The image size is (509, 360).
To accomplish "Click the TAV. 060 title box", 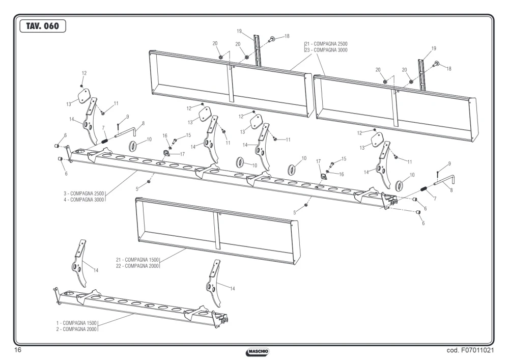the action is point(43,26).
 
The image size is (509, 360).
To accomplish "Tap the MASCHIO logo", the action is point(258,351).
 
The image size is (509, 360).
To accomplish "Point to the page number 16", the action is point(17,350).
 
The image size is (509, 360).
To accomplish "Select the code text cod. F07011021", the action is point(470,350).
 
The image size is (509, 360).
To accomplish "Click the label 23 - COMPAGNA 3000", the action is point(326,50).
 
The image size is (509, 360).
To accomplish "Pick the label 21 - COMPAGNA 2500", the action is point(326,44).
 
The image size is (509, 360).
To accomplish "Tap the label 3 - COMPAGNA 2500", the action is point(84,193).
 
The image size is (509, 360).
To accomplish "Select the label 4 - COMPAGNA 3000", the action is point(84,200).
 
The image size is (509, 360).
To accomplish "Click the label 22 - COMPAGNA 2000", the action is point(137,266).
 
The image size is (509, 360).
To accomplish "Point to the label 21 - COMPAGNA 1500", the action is point(137,260).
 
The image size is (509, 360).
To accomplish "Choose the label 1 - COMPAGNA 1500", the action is point(76,323).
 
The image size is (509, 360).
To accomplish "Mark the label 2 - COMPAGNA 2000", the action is point(76,329).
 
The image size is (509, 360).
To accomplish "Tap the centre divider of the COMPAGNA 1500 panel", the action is point(216,231).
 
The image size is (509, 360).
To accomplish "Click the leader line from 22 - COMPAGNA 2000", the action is point(173,255).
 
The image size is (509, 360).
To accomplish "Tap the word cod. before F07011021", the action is point(453,350).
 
